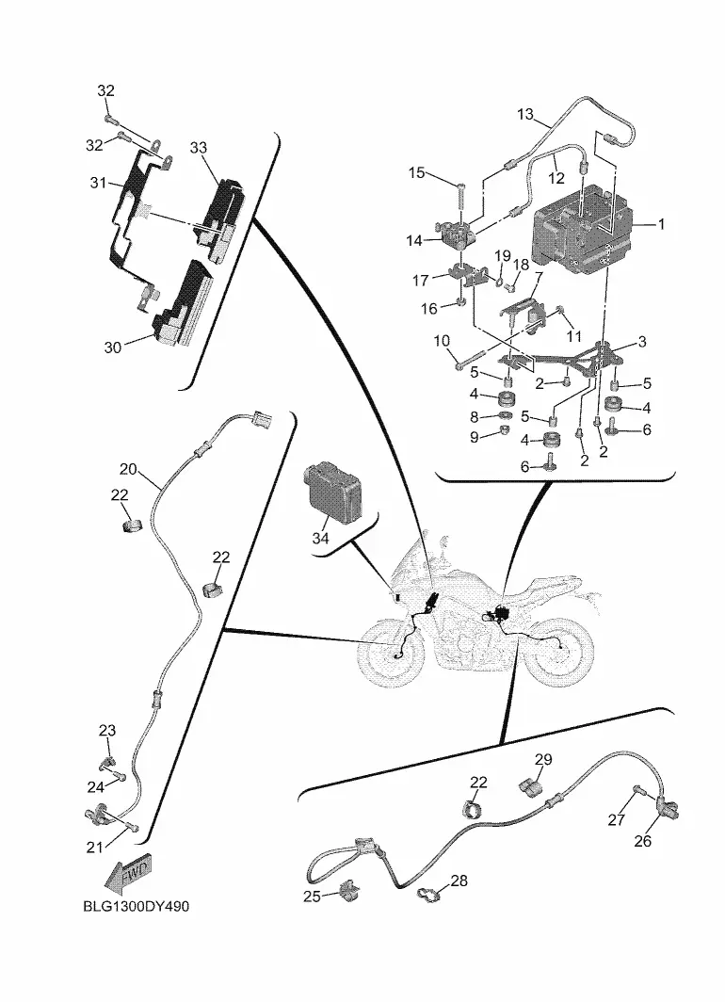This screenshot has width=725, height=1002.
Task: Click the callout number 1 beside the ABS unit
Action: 661,224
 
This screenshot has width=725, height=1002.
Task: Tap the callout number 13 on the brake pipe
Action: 525,114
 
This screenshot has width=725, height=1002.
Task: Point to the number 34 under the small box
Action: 320,538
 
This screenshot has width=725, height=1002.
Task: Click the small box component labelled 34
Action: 334,492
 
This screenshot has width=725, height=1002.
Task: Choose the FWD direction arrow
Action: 130,872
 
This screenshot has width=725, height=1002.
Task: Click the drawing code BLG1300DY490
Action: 137,906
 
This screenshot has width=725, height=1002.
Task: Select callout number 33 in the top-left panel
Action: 199,148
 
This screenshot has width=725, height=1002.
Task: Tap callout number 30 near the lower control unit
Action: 112,347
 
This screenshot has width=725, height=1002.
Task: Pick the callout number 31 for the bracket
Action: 98,183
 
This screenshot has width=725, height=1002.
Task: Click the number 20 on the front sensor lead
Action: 128,469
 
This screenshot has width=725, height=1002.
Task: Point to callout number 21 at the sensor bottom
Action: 94,848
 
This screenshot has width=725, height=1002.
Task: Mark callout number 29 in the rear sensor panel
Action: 543,759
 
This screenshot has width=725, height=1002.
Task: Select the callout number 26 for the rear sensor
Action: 642,841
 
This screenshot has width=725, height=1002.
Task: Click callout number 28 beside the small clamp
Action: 459,881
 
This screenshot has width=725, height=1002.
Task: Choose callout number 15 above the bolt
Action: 416,172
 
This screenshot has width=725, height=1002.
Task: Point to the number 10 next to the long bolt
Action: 442,341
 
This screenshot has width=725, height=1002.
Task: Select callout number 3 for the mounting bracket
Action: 642,342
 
